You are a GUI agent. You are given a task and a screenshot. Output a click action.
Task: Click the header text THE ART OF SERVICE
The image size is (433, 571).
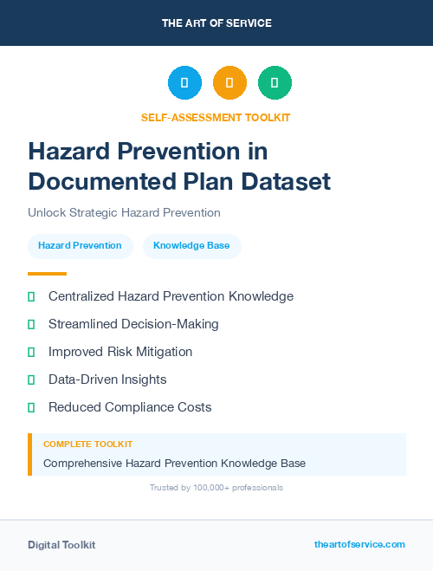pyautogui.click(x=216, y=23)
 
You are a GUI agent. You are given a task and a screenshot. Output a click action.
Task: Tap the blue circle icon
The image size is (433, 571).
pyautogui.click(x=184, y=82)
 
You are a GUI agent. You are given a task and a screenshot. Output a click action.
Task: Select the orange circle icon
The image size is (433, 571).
pyautogui.click(x=229, y=82)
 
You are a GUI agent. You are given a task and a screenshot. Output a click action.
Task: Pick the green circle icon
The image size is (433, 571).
pyautogui.click(x=275, y=82)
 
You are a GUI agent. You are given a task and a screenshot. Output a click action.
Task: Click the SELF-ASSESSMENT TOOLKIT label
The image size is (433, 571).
pyautogui.click(x=216, y=117)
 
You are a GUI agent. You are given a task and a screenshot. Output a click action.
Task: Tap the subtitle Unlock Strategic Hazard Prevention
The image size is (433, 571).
pyautogui.click(x=124, y=212)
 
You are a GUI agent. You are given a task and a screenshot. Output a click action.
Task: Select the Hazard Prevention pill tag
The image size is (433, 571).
pyautogui.click(x=80, y=246)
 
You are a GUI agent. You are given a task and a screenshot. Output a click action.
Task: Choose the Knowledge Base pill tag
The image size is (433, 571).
pyautogui.click(x=191, y=246)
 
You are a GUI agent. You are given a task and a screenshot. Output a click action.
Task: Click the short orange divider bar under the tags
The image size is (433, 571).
pyautogui.click(x=47, y=274)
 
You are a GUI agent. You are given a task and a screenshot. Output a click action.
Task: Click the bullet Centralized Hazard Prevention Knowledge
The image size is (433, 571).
pyautogui.click(x=171, y=296)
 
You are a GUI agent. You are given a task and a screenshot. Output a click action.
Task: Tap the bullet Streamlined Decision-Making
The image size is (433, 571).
pyautogui.click(x=133, y=324)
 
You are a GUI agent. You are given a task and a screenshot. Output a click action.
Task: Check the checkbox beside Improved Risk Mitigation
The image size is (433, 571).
pyautogui.click(x=31, y=352)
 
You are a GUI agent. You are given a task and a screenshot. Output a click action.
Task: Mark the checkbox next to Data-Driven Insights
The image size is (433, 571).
pyautogui.click(x=31, y=380)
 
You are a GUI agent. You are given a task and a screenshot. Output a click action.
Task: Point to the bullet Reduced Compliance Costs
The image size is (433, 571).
pyautogui.click(x=130, y=407)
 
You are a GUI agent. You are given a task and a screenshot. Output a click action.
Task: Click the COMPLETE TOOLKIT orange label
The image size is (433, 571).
pyautogui.click(x=87, y=444)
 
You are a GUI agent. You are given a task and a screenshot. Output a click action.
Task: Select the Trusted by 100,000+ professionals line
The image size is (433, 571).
pyautogui.click(x=216, y=488)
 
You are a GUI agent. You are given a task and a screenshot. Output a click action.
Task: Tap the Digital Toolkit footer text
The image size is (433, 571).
pyautogui.click(x=61, y=545)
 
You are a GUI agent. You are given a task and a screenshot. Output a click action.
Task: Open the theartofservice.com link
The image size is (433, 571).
pyautogui.click(x=359, y=544)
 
